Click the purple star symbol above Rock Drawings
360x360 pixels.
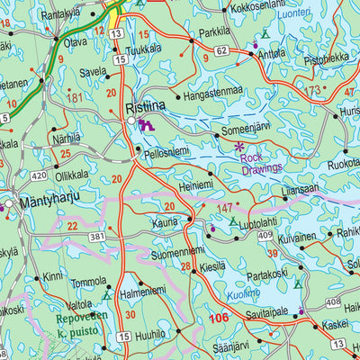click(x=238, y=146)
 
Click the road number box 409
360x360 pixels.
click(x=264, y=235)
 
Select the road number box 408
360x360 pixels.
click(x=332, y=301)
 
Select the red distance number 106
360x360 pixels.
click(x=218, y=318)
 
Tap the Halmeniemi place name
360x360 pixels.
click(x=144, y=292)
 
